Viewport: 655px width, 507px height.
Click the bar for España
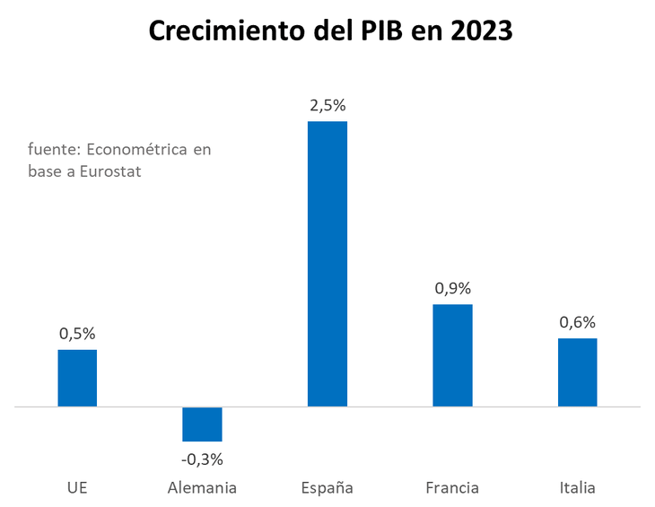327,264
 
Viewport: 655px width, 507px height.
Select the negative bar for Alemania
202,424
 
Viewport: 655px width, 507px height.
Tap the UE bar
77,378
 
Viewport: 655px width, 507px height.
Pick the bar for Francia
452,355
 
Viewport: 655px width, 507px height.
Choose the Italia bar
577,372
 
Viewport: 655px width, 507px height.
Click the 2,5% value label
327,105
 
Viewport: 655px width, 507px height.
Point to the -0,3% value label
202,459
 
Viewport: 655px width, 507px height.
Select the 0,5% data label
77,334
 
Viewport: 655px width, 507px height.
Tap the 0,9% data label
452,289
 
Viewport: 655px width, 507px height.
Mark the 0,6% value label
577,322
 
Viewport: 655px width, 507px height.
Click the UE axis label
77,488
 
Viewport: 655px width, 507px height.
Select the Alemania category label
202,488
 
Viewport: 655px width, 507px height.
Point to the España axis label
327,488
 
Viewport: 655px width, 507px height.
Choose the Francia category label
452,488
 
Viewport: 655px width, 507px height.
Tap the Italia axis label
577,488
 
